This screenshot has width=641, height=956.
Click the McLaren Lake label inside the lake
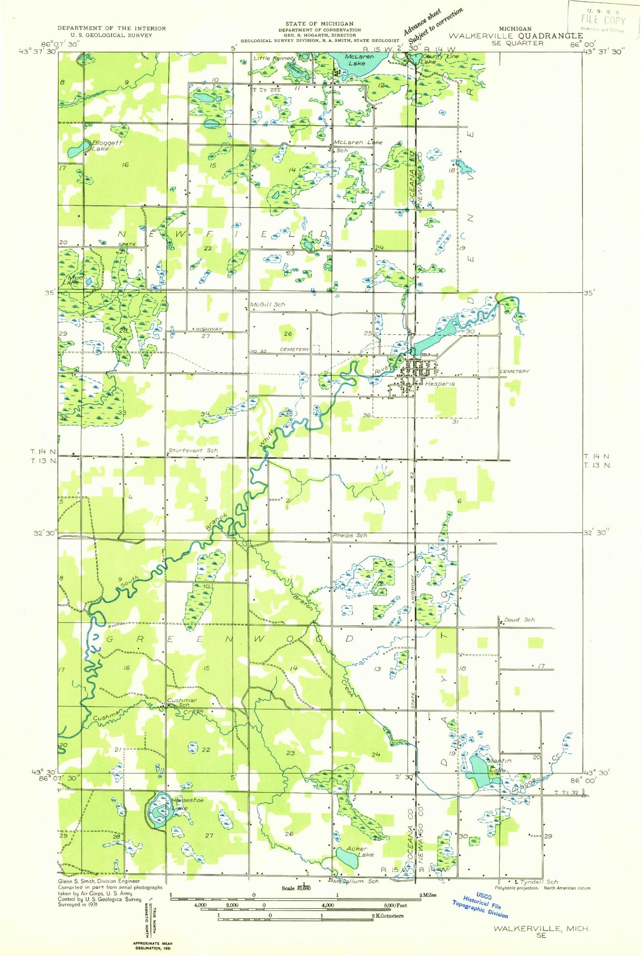click(x=359, y=60)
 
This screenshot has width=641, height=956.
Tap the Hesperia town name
click(x=440, y=384)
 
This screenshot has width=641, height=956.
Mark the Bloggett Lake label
click(x=106, y=146)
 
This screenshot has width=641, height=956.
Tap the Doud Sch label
click(x=519, y=620)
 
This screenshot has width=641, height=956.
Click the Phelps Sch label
click(x=350, y=535)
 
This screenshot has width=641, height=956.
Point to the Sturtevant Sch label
click(x=193, y=450)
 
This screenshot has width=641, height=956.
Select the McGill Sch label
click(x=267, y=305)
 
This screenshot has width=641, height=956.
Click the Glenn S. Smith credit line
click(x=98, y=881)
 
